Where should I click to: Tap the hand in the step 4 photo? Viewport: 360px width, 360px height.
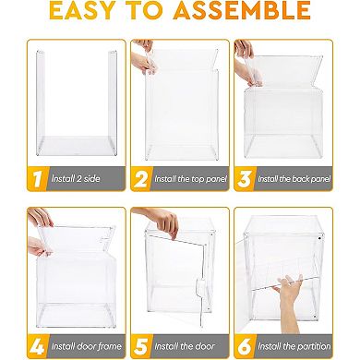click(38, 219)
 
